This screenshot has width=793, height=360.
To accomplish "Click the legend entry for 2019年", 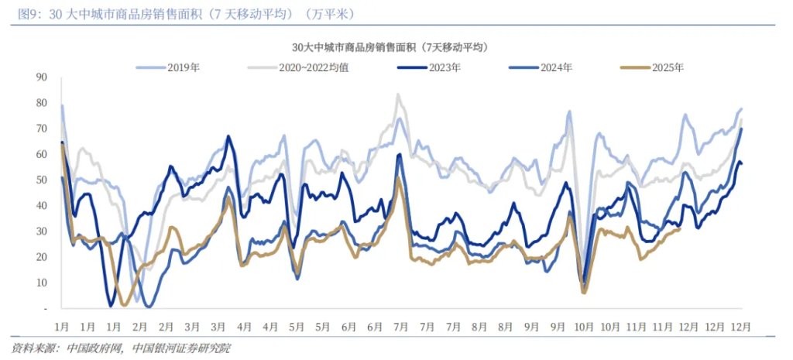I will (x=184, y=67).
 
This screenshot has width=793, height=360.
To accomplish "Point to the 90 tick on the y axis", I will (x=43, y=77).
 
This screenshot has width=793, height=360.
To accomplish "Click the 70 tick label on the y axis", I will (x=43, y=129).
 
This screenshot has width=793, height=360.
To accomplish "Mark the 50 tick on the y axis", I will (x=43, y=180).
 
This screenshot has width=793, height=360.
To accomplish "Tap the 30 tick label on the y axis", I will (x=43, y=231).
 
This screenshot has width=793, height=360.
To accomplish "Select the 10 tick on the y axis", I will (x=43, y=283).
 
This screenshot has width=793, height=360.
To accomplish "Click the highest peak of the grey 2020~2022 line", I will (x=398, y=94).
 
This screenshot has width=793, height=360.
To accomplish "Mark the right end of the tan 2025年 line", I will (x=680, y=228).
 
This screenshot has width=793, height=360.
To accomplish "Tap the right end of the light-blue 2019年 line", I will (x=741, y=109).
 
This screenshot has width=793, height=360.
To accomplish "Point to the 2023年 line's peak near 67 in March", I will (x=228, y=136).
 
